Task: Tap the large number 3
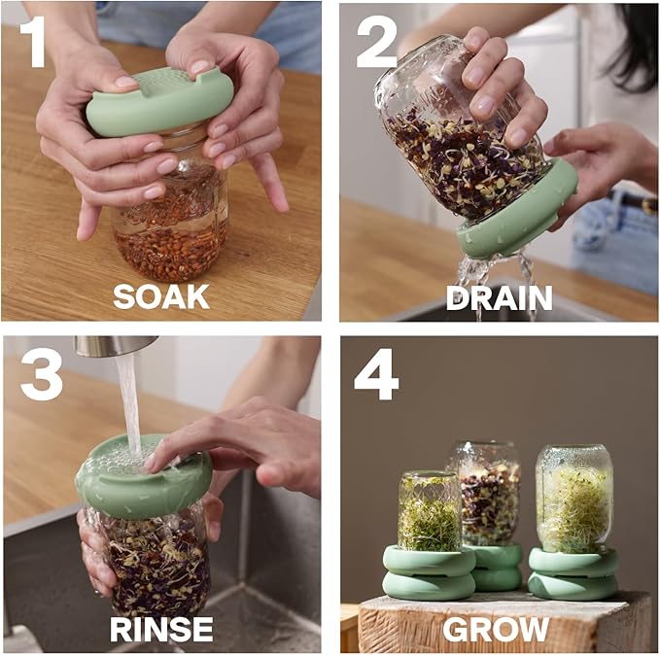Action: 41,375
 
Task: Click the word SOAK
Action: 161,295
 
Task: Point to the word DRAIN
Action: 499,296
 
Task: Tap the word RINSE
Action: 161,628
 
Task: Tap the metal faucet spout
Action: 115,345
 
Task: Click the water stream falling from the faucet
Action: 128,398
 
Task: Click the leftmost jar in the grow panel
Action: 429,510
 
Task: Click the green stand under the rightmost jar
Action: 573,573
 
